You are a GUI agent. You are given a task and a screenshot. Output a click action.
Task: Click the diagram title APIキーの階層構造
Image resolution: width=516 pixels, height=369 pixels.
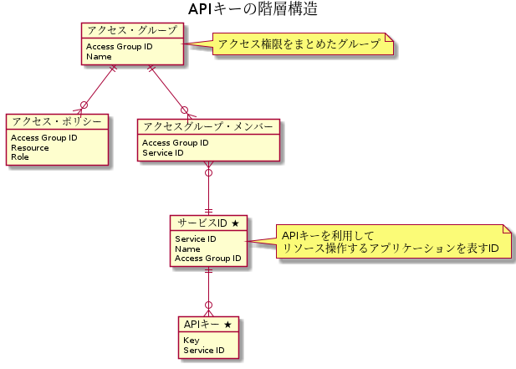coord(253,10)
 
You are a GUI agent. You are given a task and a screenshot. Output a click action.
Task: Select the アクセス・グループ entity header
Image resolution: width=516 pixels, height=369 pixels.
coord(131,31)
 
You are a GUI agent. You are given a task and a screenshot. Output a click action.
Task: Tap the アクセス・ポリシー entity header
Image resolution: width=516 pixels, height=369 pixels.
coord(57,122)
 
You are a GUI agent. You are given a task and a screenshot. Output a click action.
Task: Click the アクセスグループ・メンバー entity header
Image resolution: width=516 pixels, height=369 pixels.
coord(207,126)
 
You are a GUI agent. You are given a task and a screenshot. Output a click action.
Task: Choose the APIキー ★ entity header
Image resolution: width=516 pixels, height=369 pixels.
coord(207,324)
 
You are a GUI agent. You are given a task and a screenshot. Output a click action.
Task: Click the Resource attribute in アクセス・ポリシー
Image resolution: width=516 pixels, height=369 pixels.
coord(29,147)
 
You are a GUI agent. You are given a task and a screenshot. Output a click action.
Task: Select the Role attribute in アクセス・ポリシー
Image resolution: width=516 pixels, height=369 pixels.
coord(21,156)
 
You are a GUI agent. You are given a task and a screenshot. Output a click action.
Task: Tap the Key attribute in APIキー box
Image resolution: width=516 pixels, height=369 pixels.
coord(191,341)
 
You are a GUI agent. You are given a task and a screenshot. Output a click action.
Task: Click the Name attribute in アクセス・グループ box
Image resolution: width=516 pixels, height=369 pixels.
coord(99,57)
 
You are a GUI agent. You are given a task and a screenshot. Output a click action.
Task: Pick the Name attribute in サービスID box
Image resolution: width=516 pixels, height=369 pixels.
coord(187,249)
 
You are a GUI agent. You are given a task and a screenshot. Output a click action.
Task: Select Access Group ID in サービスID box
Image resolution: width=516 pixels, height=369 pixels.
coord(207,259)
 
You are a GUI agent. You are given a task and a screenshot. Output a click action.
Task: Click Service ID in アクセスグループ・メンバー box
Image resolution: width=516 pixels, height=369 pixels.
coord(163,153)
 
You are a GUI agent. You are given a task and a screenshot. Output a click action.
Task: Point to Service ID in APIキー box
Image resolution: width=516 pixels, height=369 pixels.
coord(203,350)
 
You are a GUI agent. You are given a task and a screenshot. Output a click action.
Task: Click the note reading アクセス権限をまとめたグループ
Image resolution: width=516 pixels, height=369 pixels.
coord(299,44)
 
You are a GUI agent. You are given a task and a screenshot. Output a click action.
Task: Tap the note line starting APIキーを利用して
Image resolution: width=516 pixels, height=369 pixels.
coord(328,236)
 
